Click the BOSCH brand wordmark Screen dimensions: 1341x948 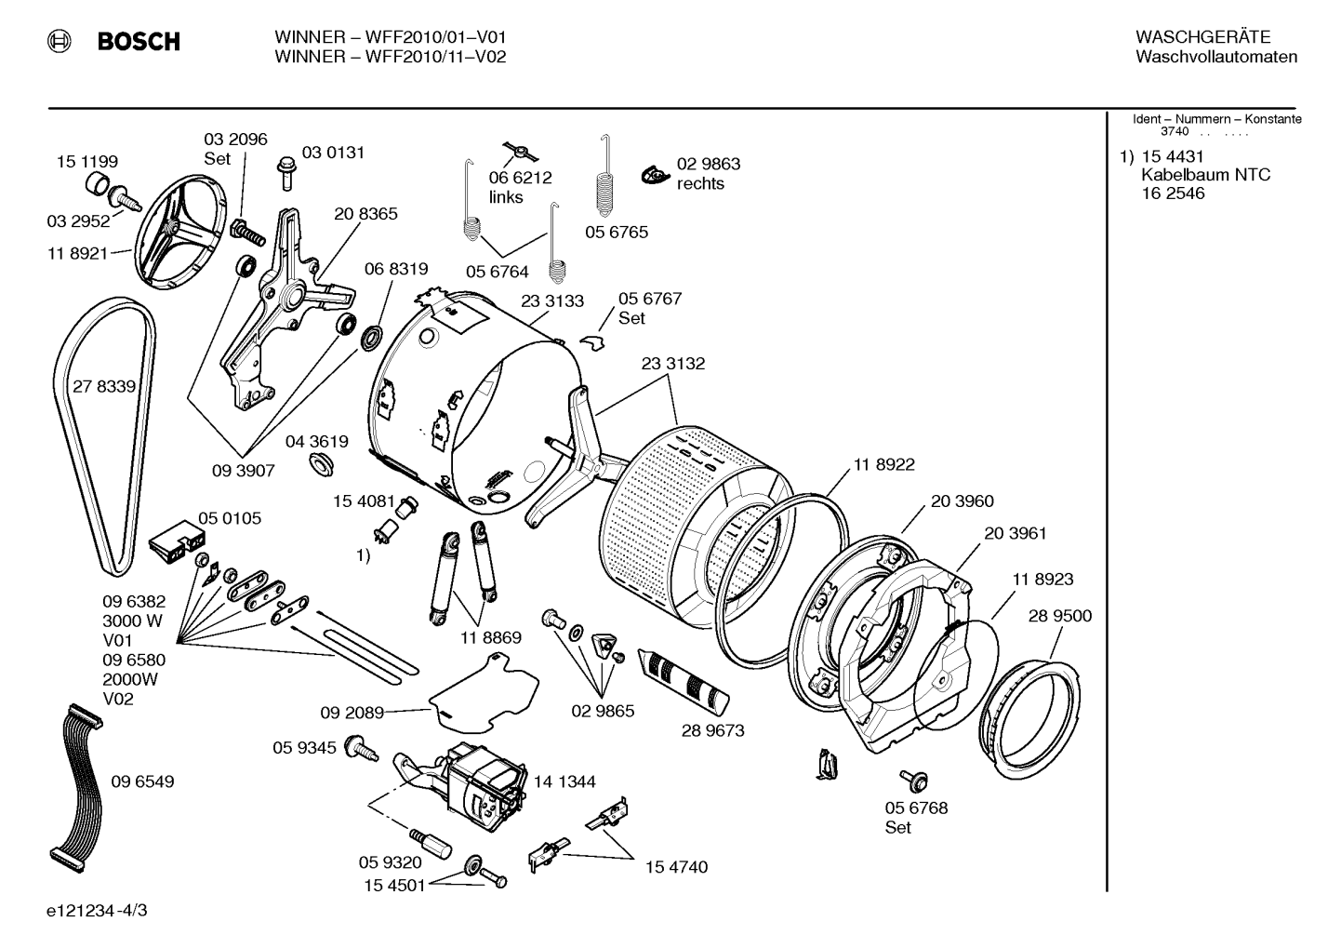point(139,41)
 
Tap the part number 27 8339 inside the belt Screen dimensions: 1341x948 point(104,387)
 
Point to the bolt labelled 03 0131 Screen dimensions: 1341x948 point(287,173)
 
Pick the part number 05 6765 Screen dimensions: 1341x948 point(616,233)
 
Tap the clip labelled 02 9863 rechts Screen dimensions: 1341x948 point(656,175)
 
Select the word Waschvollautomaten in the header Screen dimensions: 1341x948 point(1216,57)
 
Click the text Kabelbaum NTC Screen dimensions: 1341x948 point(1206,175)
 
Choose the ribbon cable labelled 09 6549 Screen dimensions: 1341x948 point(76,788)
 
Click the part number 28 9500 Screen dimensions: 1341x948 point(1060,616)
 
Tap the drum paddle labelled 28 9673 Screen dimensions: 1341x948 point(684,679)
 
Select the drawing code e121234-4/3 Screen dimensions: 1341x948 point(97,911)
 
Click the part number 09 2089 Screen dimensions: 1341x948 point(352,713)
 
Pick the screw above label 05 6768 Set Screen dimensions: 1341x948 point(914,781)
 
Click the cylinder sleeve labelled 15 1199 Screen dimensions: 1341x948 point(97,182)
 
